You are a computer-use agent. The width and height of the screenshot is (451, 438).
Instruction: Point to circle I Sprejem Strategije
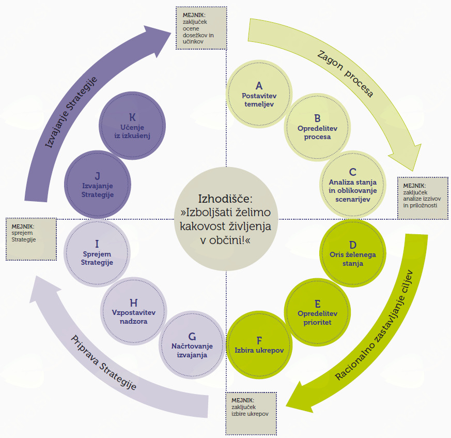[x=97, y=251]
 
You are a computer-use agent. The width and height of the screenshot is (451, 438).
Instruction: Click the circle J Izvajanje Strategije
[x=97, y=183]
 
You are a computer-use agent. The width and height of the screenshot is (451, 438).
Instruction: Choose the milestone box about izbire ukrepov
[x=251, y=413]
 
